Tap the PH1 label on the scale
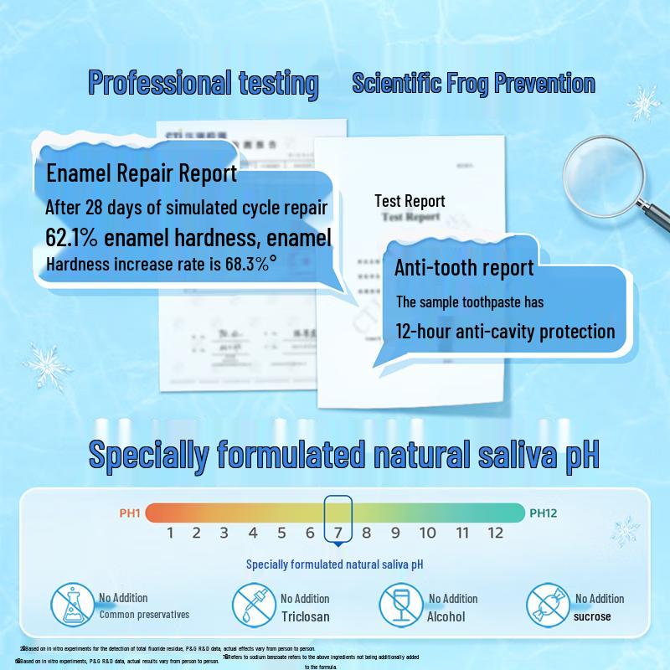pos(130,513)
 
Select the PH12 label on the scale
pos(542,513)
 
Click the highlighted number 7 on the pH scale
pos(338,533)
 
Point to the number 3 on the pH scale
pos(224,533)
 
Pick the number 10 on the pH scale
pos(427,533)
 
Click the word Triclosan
pos(305,616)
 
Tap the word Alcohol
pos(446,616)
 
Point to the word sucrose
pos(592,616)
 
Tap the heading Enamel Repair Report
pos(142,173)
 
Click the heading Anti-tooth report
pos(464,268)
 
